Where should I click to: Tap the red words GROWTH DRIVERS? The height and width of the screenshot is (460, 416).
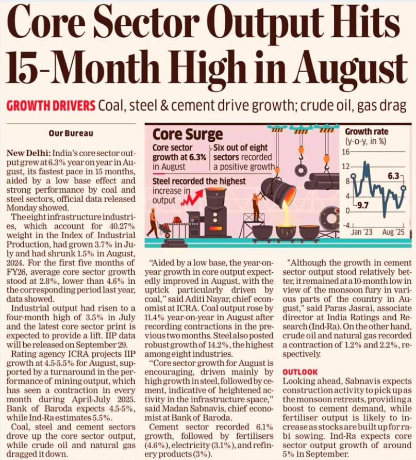click(x=51, y=106)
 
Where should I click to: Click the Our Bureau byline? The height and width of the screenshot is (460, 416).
click(x=71, y=133)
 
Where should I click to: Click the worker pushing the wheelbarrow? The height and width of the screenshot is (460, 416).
click(x=154, y=222)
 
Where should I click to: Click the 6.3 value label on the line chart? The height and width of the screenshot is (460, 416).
click(x=394, y=176)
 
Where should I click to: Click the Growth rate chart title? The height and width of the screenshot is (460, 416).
click(x=367, y=132)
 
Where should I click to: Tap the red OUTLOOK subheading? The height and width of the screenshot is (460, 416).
click(x=300, y=371)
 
